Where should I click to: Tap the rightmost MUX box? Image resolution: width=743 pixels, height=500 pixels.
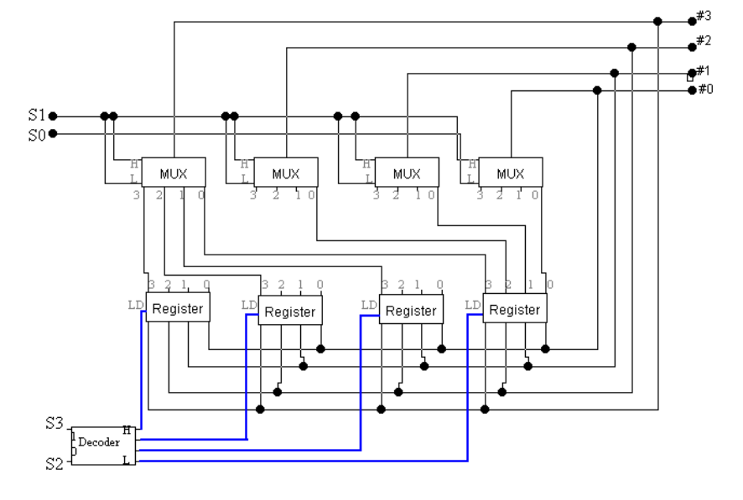pyautogui.click(x=510, y=173)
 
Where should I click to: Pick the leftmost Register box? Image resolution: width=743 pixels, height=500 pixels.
pyautogui.click(x=177, y=308)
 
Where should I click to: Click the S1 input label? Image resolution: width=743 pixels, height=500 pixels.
pyautogui.click(x=35, y=116)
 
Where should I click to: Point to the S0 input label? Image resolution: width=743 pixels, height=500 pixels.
pyautogui.click(x=35, y=133)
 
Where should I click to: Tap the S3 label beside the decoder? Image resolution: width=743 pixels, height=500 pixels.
pyautogui.click(x=55, y=425)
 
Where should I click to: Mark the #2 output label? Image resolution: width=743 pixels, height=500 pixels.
pyautogui.click(x=704, y=40)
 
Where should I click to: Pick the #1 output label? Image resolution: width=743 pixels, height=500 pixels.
pyautogui.click(x=704, y=70)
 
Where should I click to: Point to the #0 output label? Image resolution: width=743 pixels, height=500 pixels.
pyautogui.click(x=704, y=89)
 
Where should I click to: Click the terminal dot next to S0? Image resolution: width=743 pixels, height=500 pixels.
pyautogui.click(x=53, y=133)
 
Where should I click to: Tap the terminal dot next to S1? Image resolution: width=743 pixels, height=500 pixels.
pyautogui.click(x=53, y=116)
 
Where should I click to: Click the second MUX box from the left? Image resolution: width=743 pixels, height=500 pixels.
pyautogui.click(x=285, y=173)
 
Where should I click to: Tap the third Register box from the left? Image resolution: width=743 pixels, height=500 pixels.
pyautogui.click(x=411, y=311)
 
